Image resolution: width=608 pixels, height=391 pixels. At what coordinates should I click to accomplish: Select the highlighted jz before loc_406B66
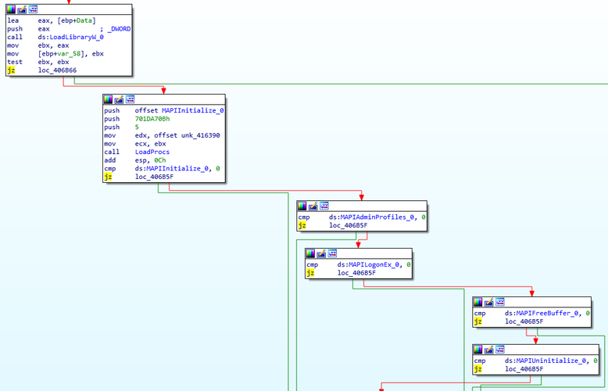pos(11,70)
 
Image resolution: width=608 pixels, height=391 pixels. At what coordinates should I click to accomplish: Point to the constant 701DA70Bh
pos(152,119)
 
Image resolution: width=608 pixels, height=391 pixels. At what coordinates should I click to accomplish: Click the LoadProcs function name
pos(152,152)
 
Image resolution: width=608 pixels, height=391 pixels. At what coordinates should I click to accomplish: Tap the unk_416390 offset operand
pos(201,135)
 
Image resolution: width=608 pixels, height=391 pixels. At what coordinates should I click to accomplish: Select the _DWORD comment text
pos(119,29)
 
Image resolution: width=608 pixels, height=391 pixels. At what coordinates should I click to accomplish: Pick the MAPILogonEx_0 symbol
pos(374,264)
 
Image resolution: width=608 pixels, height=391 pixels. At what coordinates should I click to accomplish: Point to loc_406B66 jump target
pos(57,70)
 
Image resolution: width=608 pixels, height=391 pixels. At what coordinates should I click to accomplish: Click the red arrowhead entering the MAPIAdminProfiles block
pos(361,197)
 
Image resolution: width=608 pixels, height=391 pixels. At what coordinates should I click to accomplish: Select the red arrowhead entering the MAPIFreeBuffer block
pos(531,293)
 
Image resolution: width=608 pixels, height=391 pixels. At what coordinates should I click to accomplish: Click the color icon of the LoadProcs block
pos(108,99)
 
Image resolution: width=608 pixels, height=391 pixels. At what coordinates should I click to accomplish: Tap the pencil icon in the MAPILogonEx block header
pos(321,253)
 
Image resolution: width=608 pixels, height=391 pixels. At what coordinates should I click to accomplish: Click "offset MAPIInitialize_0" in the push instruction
pos(179,110)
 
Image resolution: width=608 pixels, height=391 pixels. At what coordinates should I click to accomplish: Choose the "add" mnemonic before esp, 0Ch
pos(109,160)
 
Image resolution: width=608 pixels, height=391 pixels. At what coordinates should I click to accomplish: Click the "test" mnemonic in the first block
pos(15,62)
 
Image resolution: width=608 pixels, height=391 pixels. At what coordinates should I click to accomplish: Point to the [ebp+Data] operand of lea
pos(77,20)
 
